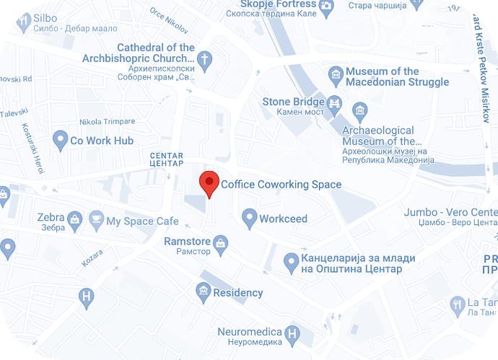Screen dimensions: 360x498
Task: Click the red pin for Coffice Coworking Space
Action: tap(209, 182)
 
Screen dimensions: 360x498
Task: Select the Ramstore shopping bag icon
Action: tap(221, 243)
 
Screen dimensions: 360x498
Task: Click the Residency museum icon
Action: tap(204, 291)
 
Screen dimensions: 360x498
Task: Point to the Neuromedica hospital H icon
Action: tap(292, 333)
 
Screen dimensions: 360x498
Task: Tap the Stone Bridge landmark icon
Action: tap(335, 103)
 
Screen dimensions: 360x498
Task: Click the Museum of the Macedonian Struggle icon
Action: tap(335, 75)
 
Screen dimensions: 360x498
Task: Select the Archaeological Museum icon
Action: tap(359, 110)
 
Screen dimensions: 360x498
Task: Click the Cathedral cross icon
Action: tap(205, 58)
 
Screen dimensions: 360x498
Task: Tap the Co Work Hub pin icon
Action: tap(59, 140)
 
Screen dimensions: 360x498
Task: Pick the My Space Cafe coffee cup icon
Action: tap(96, 219)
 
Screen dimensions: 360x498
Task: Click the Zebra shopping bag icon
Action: tap(74, 217)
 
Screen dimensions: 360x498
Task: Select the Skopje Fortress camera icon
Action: tap(326, 6)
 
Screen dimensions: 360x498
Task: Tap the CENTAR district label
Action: tap(166, 159)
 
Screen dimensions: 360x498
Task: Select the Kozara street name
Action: tap(92, 258)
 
